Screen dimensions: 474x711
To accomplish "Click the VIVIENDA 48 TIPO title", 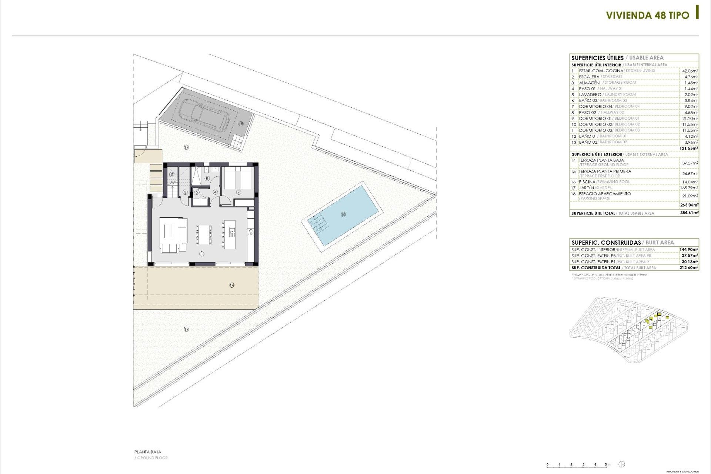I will (647, 15).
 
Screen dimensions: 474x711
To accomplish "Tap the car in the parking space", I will (205, 115).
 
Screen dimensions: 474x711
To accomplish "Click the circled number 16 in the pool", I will (343, 214).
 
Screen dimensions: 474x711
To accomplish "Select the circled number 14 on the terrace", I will (232, 285).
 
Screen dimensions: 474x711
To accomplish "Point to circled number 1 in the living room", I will (202, 254).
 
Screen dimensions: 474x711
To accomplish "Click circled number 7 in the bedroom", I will (238, 192).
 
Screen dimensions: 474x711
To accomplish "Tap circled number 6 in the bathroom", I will (207, 178).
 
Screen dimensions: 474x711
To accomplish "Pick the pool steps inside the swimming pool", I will (318, 222).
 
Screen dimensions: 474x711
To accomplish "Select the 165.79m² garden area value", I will (689, 188).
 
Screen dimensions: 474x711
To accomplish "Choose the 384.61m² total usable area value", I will (689, 213).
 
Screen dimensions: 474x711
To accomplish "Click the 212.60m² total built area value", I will (689, 268).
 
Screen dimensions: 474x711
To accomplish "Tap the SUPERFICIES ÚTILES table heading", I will (597, 58).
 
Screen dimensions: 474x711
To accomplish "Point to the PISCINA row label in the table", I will (587, 182).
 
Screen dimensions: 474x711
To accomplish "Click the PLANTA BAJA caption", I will (148, 452).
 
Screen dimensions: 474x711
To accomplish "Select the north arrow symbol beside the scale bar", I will (622, 464).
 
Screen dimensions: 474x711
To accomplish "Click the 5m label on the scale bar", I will (608, 464).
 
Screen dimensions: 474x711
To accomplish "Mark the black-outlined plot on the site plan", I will (659, 314).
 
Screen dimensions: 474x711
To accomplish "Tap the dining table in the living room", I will (203, 234).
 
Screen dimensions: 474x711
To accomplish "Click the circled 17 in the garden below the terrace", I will (186, 329).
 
